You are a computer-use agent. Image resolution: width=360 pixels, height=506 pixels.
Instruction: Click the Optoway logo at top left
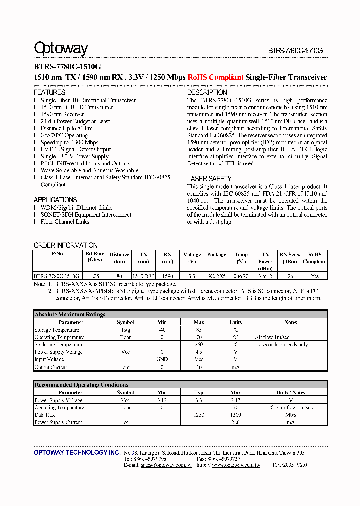tap(61, 48)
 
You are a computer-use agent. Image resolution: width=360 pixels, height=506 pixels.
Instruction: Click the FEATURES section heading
tap(49, 92)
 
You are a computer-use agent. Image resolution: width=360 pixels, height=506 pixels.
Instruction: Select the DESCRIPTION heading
tap(207, 92)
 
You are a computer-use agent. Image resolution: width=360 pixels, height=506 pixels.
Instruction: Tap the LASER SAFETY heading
tap(209, 178)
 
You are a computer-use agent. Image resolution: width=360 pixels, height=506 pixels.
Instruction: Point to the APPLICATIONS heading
tap(55, 200)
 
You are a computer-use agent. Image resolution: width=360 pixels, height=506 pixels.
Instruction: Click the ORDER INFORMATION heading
tap(65, 245)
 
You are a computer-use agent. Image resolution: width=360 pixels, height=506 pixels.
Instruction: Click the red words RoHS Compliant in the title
tap(216, 77)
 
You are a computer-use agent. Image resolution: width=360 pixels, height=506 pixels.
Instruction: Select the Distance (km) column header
tap(119, 257)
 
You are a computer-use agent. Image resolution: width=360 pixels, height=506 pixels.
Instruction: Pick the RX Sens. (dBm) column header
tap(289, 257)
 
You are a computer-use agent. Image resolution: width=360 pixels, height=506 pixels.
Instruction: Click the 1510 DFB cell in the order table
tap(143, 276)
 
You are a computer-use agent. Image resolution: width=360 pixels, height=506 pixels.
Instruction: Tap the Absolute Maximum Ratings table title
tap(70, 314)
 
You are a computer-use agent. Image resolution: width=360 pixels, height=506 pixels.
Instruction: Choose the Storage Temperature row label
tap(57, 330)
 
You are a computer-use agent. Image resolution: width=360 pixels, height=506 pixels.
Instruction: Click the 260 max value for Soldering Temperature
tap(199, 344)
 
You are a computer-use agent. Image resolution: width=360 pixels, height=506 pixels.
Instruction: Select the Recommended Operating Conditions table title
tap(81, 385)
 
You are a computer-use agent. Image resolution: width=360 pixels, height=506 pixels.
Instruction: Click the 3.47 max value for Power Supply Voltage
tap(235, 400)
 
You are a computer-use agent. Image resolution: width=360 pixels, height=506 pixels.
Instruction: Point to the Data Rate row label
tap(45, 415)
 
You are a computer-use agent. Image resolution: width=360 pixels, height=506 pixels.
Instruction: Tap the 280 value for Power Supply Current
tap(235, 422)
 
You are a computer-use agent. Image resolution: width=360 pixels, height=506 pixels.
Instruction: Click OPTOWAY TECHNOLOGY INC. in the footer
tap(77, 452)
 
